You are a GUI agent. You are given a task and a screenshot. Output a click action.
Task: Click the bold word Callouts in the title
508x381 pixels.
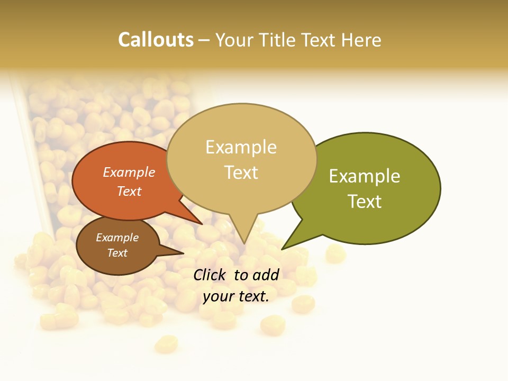click(156, 40)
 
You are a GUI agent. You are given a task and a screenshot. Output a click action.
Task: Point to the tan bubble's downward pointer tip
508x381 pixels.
click(244, 243)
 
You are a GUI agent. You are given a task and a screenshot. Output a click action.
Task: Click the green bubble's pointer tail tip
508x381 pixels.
click(282, 249)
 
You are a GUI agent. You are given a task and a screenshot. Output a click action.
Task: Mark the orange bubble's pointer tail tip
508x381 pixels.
click(202, 224)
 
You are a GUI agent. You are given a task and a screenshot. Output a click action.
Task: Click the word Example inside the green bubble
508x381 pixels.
click(364, 176)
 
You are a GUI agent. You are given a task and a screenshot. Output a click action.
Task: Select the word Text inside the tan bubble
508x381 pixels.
click(241, 173)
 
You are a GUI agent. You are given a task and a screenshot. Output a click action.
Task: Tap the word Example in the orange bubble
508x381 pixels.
click(129, 173)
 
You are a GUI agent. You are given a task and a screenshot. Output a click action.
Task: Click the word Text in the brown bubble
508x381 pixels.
click(117, 253)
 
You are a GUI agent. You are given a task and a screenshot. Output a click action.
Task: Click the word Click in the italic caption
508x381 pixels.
click(211, 275)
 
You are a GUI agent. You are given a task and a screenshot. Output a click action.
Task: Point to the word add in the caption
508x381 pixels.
click(266, 275)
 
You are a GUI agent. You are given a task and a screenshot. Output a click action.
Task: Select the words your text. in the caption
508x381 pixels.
click(235, 296)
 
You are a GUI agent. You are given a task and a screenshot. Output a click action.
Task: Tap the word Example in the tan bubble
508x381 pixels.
click(241, 147)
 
